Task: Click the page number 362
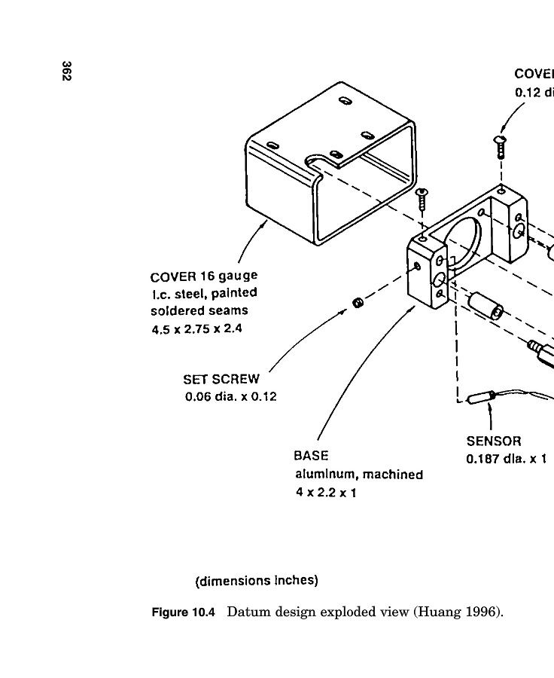(67, 72)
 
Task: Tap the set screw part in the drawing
(358, 304)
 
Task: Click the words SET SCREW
(221, 380)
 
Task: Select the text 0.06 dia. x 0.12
(230, 396)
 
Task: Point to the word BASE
(311, 457)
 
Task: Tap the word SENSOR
(494, 441)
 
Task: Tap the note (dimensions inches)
(257, 581)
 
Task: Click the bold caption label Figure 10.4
(184, 612)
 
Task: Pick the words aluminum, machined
(358, 475)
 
